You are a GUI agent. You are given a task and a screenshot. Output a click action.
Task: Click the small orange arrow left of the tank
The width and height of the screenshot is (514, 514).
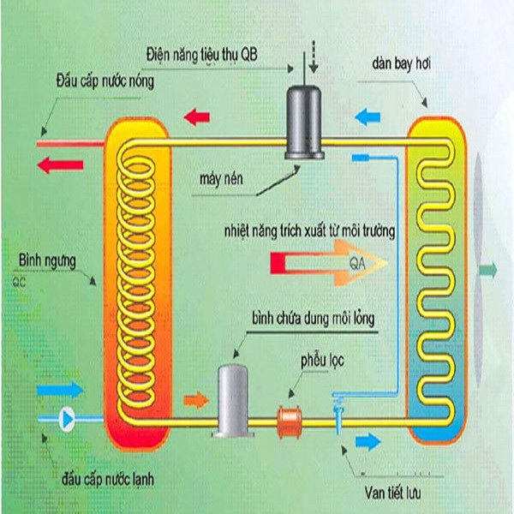(x=196, y=399)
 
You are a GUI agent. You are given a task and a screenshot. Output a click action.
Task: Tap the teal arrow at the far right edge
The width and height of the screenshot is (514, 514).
(x=488, y=271)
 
